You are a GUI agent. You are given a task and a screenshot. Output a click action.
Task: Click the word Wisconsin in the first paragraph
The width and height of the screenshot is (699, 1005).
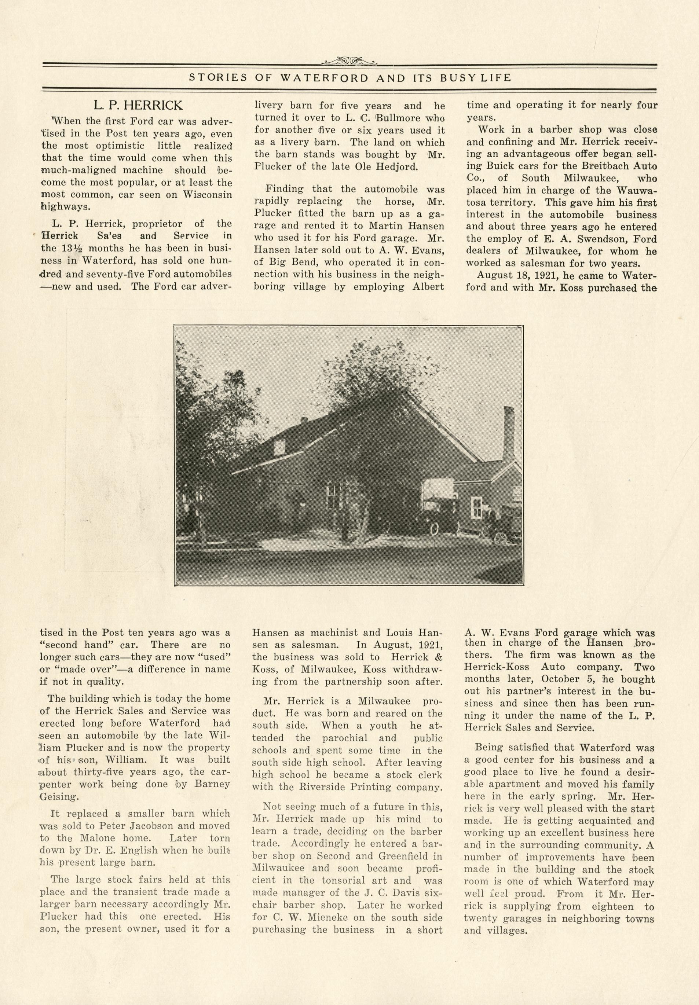(208, 195)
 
